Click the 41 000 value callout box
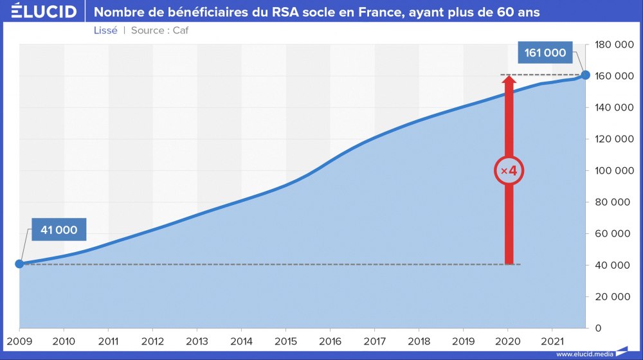pos(59,230)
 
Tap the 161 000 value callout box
pos(545,53)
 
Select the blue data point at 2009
pos(19,264)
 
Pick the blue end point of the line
pos(585,75)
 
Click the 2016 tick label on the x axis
pos(331,341)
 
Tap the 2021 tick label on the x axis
pos(552,341)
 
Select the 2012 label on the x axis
pos(152,341)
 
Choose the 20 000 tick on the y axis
pos(615,297)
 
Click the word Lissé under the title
pos(105,30)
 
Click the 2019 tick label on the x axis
pos(464,341)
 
